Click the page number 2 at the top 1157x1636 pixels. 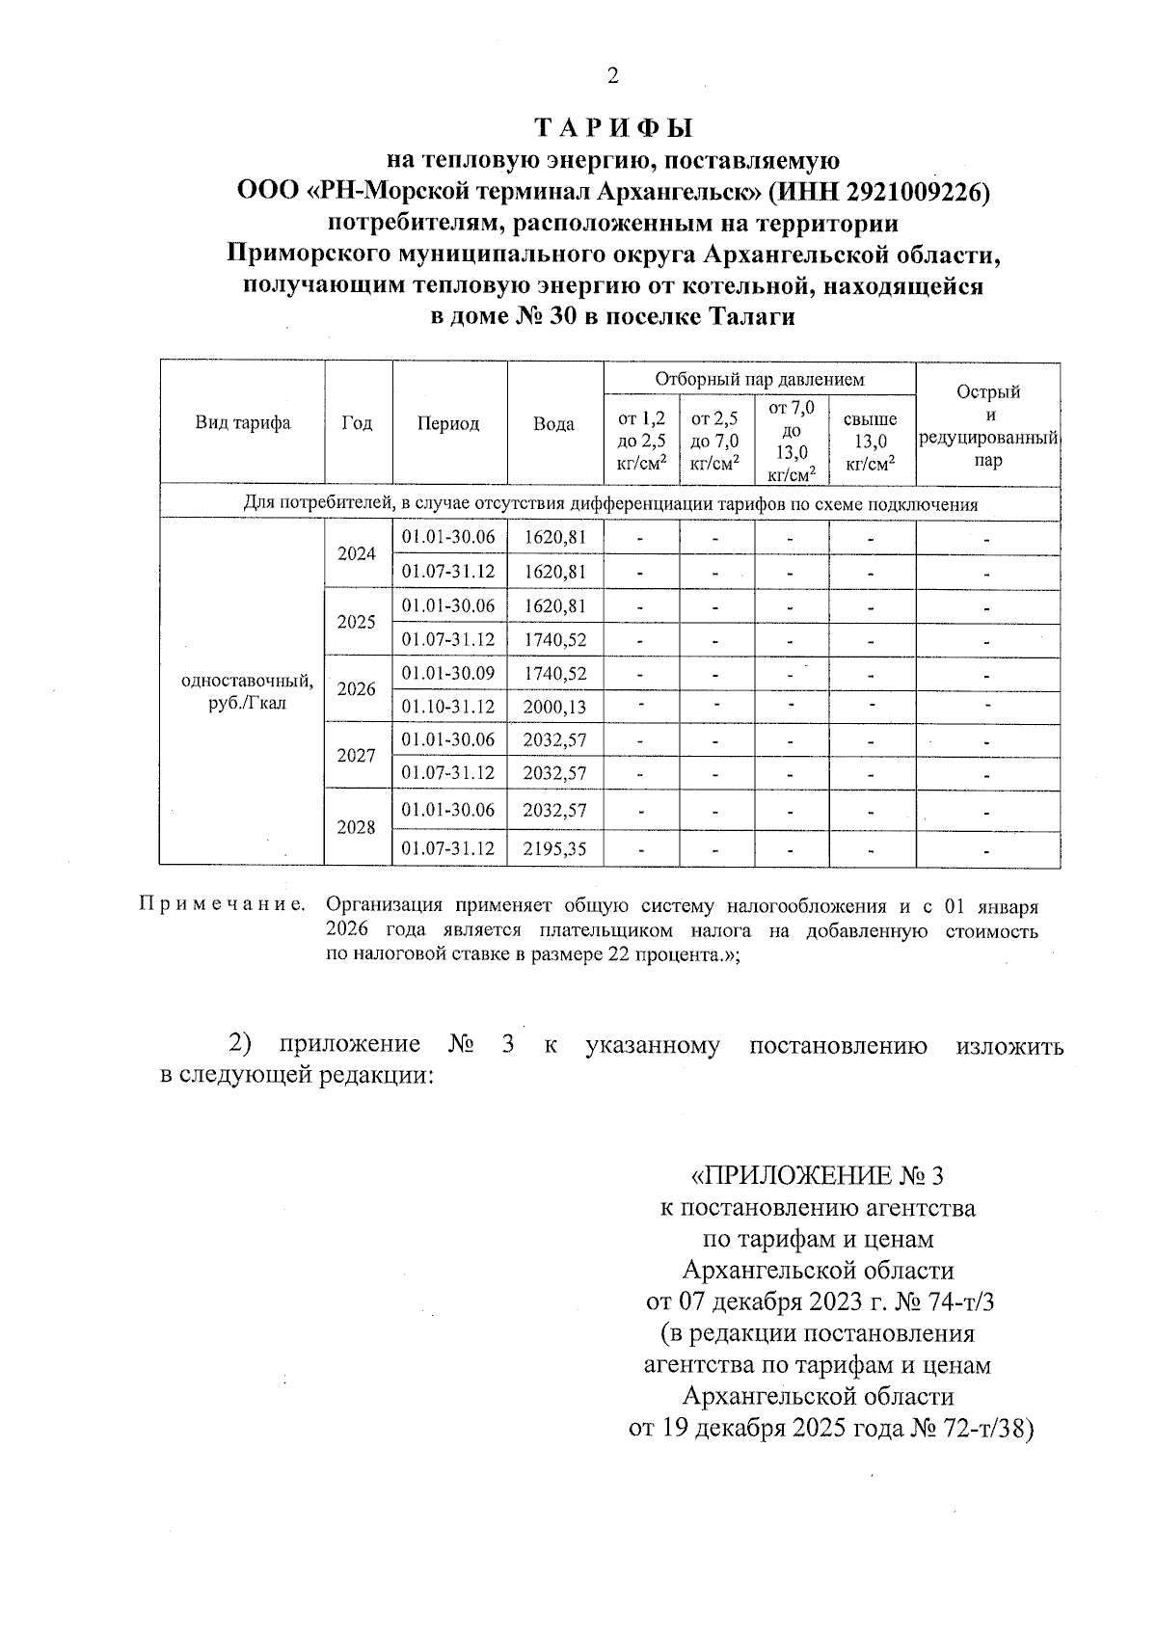coord(612,76)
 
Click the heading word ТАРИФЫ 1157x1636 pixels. coord(614,129)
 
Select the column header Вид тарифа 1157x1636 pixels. coord(243,423)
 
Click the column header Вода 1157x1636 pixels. coord(554,424)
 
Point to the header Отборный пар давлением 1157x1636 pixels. coord(760,380)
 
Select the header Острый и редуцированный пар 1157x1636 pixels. coord(988,425)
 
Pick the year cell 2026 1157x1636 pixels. coord(357,689)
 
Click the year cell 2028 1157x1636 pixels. coord(357,827)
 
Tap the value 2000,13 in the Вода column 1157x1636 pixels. coord(554,707)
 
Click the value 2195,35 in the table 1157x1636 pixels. coord(554,849)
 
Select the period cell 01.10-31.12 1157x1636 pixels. coord(448,707)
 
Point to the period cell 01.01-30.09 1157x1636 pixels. coord(448,673)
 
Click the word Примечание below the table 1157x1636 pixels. coord(223,905)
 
